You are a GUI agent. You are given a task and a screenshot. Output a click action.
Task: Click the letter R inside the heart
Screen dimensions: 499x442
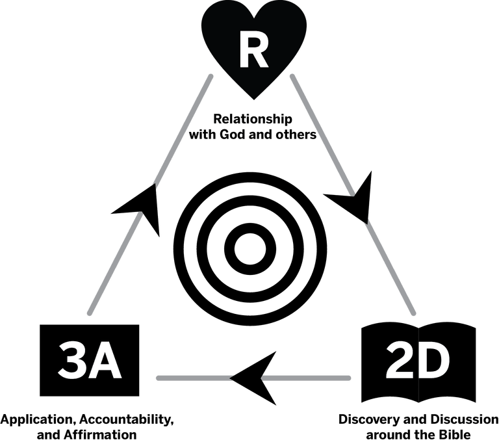pyautogui.click(x=253, y=51)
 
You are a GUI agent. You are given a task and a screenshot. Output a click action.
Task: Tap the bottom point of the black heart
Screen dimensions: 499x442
pyautogui.click(x=253, y=99)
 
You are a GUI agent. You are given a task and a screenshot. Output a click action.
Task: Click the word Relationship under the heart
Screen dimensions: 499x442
pyautogui.click(x=253, y=120)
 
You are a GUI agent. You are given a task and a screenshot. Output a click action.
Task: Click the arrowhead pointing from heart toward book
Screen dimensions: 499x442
pyautogui.click(x=354, y=198)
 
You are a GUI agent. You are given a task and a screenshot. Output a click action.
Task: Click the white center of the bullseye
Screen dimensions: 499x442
pyautogui.click(x=250, y=249)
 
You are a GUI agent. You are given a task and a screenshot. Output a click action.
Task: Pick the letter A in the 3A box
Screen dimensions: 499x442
pyautogui.click(x=105, y=361)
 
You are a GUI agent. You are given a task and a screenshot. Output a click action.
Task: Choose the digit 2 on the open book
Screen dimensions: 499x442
pyautogui.click(x=400, y=361)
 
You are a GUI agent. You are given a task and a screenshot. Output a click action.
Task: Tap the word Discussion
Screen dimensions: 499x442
pyautogui.click(x=465, y=419)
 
